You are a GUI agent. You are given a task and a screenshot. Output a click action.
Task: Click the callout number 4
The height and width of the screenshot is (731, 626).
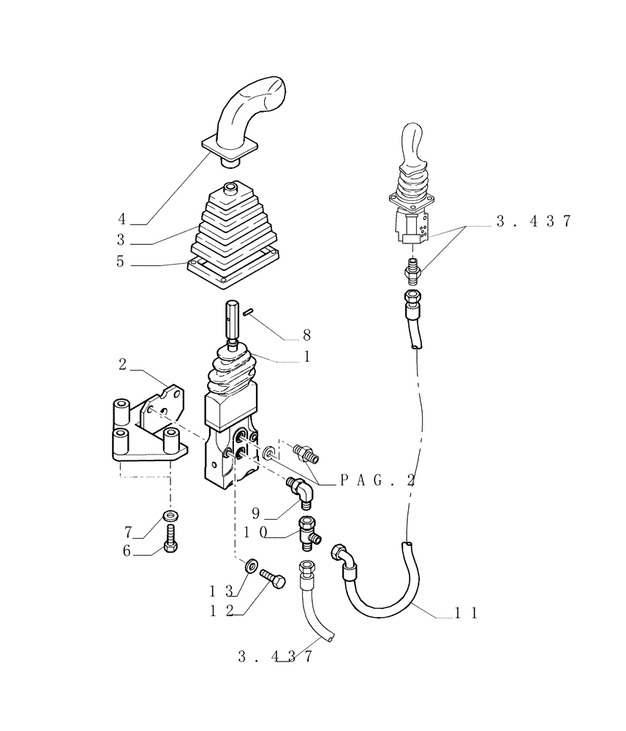121,219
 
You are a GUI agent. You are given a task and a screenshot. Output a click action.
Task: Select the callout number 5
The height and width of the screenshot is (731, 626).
120,261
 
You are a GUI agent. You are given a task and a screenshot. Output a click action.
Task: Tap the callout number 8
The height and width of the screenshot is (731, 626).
306,336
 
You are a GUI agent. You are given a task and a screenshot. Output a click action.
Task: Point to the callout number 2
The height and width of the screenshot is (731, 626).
122,364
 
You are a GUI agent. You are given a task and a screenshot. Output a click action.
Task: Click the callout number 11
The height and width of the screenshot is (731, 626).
465,614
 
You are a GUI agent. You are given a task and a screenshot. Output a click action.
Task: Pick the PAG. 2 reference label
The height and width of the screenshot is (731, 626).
378,480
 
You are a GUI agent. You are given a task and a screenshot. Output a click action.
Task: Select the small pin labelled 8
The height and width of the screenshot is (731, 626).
249,311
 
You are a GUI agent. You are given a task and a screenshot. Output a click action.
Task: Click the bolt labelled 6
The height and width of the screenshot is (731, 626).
170,545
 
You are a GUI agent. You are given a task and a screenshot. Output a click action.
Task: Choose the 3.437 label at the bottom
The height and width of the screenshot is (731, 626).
275,656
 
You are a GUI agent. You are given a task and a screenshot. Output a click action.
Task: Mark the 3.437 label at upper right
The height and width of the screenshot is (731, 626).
533,222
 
